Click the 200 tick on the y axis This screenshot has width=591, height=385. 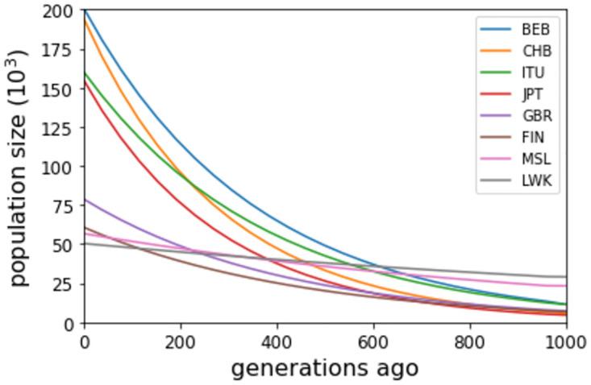coord(63,11)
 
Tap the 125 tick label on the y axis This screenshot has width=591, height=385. coord(63,128)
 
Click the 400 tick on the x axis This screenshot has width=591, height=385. coord(277,341)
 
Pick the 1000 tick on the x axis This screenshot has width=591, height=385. coord(566,341)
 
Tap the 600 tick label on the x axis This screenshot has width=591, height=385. coord(373,341)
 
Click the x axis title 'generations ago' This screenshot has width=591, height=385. coord(325,368)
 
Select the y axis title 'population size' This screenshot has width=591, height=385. coord(19,167)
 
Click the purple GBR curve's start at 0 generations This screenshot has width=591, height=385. coord(85,199)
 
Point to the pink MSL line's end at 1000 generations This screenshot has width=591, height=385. coord(566,286)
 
